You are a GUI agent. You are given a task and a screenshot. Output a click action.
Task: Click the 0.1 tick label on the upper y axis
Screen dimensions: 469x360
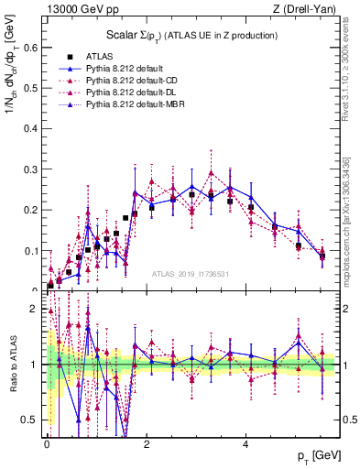click(x=29, y=250)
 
